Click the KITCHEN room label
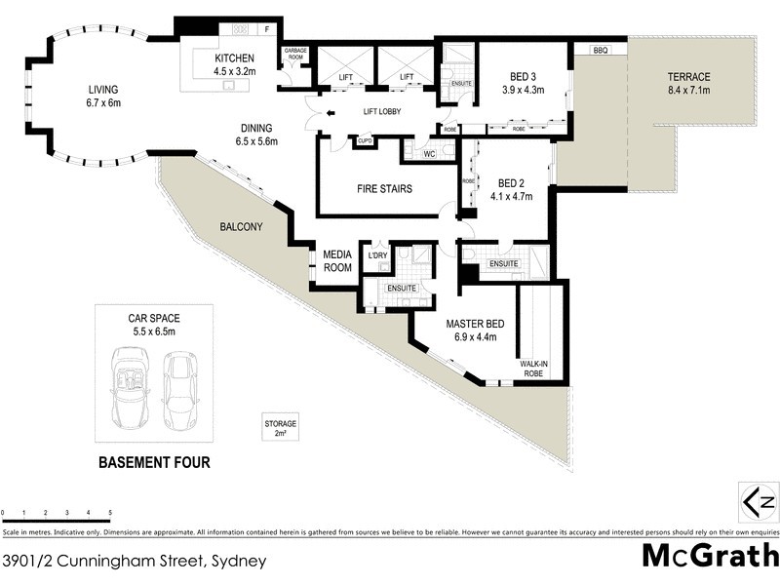point(234,58)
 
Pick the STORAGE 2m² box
point(280,428)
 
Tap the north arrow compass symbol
point(758,502)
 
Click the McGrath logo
point(709,556)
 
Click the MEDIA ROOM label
point(337,261)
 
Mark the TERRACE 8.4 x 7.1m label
point(688,85)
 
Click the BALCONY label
point(241,227)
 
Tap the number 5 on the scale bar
point(110,512)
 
